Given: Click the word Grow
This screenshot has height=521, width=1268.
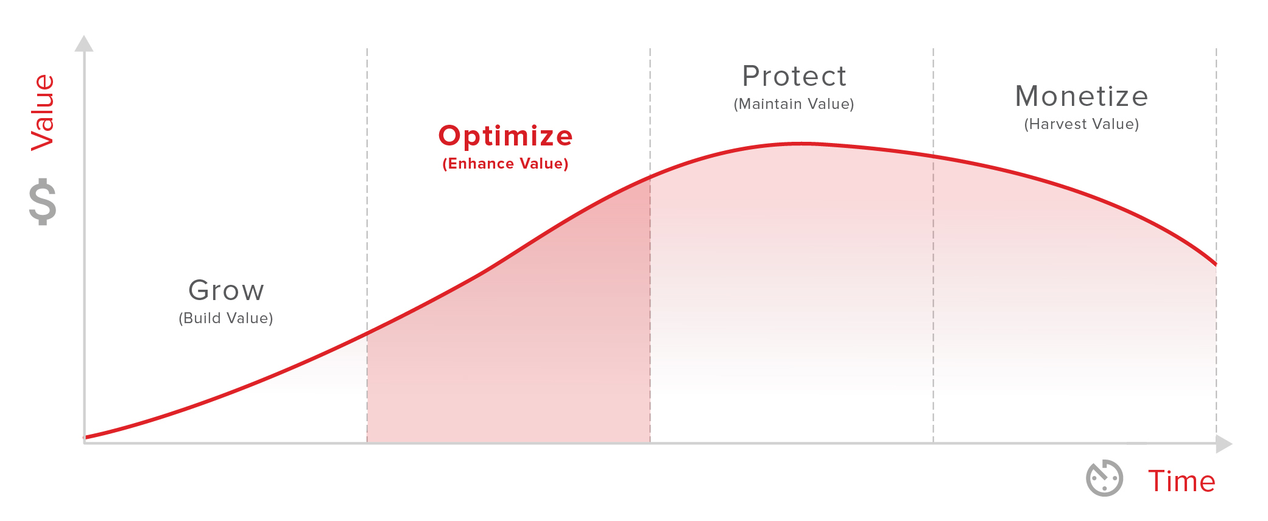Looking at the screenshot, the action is (x=226, y=290).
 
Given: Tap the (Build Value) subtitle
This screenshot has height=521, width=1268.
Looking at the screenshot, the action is (x=226, y=318).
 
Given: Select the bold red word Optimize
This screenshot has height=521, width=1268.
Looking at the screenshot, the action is (x=505, y=136).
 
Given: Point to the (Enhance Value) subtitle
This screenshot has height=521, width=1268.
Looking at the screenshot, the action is (x=505, y=164).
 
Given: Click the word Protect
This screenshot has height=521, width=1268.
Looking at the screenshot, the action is (x=794, y=77).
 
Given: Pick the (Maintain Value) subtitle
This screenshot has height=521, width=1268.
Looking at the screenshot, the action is (x=794, y=104).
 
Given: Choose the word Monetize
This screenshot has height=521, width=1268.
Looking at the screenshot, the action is (x=1082, y=96).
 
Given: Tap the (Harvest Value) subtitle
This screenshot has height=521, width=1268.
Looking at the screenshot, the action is (x=1082, y=124).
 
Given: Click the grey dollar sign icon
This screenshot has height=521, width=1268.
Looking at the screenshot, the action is (x=43, y=201).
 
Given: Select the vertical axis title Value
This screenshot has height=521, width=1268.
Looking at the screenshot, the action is (x=43, y=112).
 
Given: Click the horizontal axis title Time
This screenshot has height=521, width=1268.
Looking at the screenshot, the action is (x=1182, y=481).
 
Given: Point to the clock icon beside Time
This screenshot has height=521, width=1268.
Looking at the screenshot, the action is (x=1104, y=478).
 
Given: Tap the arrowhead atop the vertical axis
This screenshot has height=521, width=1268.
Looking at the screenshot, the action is (x=84, y=43).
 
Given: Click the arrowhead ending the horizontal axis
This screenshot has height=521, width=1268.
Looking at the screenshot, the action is (x=1224, y=444).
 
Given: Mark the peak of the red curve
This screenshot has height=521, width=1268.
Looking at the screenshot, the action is (x=801, y=144).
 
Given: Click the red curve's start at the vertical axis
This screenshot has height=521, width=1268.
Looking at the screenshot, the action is (x=85, y=437).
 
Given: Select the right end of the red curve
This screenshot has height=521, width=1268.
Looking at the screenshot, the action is (x=1216, y=264).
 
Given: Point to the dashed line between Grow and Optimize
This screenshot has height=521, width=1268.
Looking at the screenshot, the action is (x=367, y=245).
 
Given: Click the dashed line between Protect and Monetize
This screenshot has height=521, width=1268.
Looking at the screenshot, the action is (x=933, y=245).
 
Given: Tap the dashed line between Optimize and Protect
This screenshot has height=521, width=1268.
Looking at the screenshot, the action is (x=650, y=245).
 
